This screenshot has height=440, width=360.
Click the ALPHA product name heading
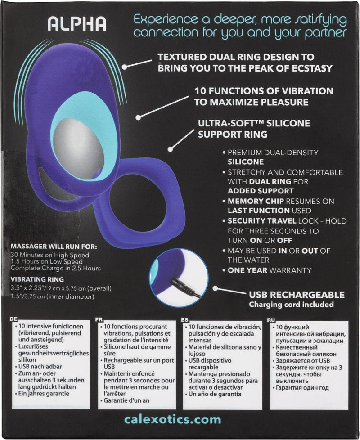(x=77, y=23)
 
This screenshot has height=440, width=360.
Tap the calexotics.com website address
(x=172, y=419)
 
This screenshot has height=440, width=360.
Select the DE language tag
(x=13, y=319)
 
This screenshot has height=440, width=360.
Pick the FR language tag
(x=99, y=319)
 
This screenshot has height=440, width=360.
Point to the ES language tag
(x=184, y=320)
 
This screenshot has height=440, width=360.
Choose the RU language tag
(x=271, y=320)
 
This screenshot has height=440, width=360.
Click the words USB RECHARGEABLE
(x=297, y=295)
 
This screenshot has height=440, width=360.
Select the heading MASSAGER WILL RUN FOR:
(x=54, y=247)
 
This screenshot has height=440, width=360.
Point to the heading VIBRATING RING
(x=37, y=279)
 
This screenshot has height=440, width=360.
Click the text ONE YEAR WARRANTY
(x=270, y=270)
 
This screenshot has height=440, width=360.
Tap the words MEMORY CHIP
(x=256, y=201)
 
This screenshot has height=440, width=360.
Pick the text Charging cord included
(x=291, y=305)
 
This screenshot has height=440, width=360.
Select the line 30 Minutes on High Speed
(x=49, y=255)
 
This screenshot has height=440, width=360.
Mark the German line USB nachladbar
(x=40, y=367)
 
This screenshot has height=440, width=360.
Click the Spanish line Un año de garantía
(x=215, y=394)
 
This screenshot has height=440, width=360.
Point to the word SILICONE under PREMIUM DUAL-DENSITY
(x=246, y=162)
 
